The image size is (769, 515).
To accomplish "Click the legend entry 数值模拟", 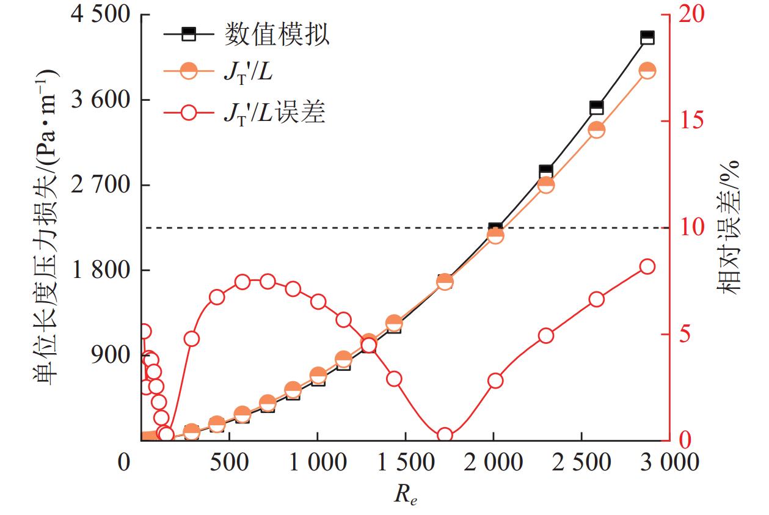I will [277, 35].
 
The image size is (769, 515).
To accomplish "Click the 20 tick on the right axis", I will [686, 15].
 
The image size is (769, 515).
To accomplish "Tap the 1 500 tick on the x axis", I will [405, 462].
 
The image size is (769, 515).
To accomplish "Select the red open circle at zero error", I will [445, 436].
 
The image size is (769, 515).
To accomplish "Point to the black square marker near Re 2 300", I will [546, 172].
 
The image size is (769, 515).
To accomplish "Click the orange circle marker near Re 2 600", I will [597, 130].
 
